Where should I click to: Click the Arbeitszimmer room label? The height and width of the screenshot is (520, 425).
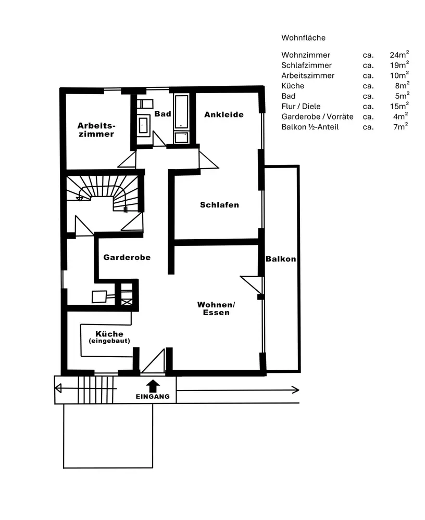click(96, 129)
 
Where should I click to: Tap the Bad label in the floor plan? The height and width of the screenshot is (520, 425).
click(162, 114)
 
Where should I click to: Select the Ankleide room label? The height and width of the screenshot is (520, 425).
click(224, 114)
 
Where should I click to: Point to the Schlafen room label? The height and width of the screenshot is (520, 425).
click(219, 205)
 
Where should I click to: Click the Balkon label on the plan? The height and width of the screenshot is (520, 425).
click(280, 259)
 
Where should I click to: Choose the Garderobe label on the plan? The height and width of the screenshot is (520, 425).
click(127, 257)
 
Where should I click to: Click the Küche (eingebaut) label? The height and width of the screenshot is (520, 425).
click(109, 337)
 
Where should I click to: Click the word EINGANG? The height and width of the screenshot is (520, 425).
click(153, 397)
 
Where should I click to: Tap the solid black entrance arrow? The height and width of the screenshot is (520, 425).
click(153, 385)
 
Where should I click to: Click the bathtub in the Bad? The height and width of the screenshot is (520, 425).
click(181, 111)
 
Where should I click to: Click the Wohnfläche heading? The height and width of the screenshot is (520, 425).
click(303, 38)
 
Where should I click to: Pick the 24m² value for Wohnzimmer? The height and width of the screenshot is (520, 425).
click(399, 55)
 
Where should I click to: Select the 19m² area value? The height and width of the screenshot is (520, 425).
click(399, 65)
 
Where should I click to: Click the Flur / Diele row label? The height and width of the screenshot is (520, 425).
click(301, 106)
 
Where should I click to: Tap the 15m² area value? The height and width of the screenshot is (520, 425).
click(399, 106)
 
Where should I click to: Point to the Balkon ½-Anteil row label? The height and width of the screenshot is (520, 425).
click(310, 127)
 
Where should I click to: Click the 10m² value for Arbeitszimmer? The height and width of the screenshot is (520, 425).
click(399, 75)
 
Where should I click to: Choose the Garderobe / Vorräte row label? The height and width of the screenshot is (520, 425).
click(317, 116)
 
